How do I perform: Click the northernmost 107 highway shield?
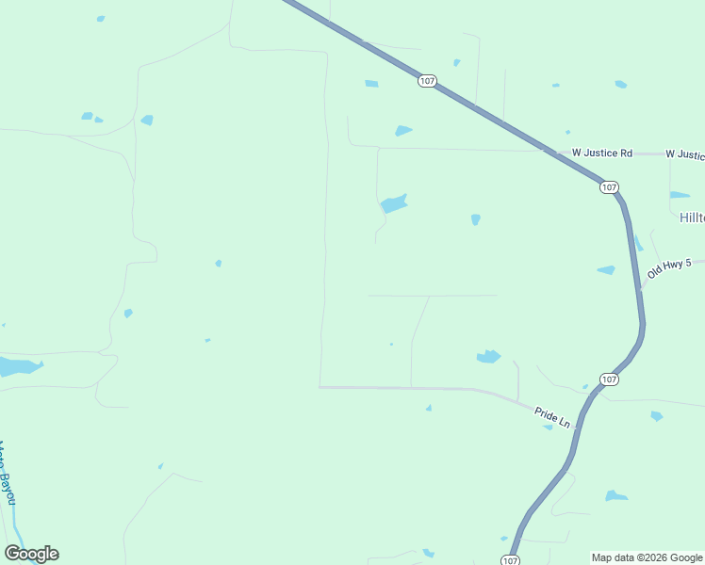[x=427, y=82]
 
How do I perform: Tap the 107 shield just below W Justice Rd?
[x=609, y=187]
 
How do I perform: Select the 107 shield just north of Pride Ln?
[x=609, y=379]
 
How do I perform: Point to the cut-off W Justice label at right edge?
[x=684, y=153]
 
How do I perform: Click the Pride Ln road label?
[x=552, y=416]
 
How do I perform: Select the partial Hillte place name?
[x=691, y=218]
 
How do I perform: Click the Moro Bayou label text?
[x=8, y=473]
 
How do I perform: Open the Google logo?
[x=31, y=554]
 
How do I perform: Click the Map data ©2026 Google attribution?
[x=647, y=557]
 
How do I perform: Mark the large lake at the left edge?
[x=17, y=366]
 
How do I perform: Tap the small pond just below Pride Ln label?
[x=548, y=428]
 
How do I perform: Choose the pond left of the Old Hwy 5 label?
[x=606, y=270]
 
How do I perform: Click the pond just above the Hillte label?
[x=680, y=195]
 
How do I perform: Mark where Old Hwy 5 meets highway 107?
[x=641, y=288]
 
